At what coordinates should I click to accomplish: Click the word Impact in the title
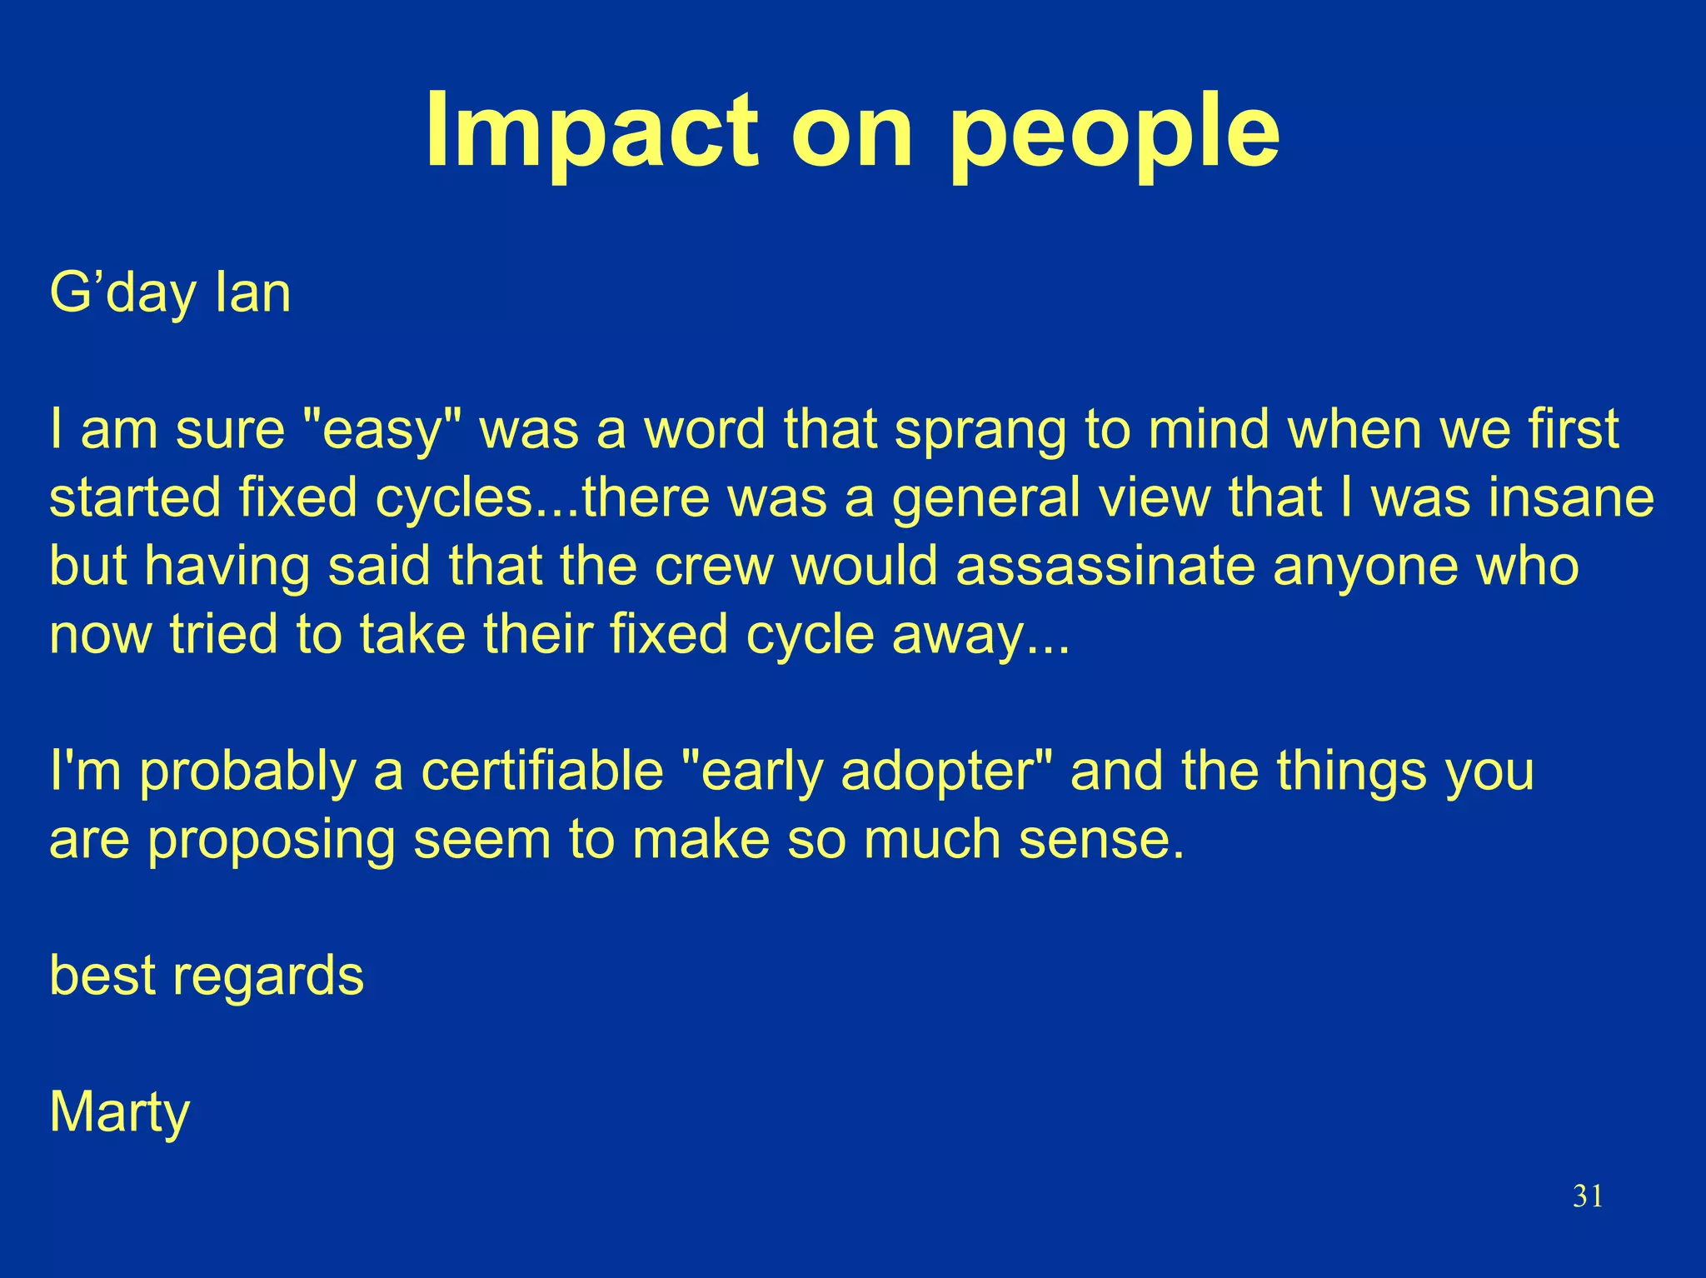[x=592, y=131]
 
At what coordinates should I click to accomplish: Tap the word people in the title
[x=1114, y=133]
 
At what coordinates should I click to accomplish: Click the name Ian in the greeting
[x=253, y=293]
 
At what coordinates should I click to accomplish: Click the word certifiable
[x=541, y=771]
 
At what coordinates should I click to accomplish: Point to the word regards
[x=267, y=976]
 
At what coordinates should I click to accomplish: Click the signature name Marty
[x=120, y=1113]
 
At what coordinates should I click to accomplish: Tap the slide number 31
[x=1587, y=1196]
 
